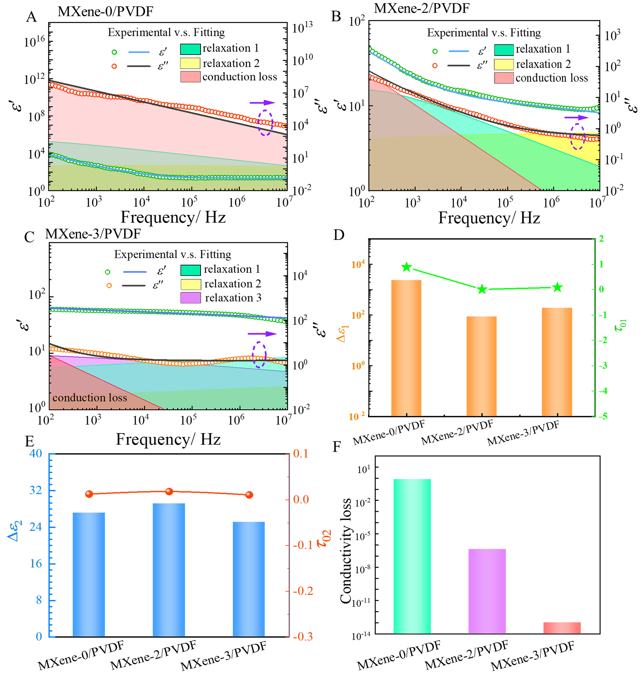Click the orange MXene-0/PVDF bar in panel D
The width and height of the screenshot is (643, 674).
pos(406,348)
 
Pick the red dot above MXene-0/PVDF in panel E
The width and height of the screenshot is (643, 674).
pos(89,494)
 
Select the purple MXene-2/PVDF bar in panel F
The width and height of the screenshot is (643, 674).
pos(487,591)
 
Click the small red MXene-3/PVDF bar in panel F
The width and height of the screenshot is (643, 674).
pos(562,628)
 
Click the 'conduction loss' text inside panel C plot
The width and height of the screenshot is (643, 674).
pos(90,397)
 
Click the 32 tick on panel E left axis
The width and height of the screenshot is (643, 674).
pos(35,490)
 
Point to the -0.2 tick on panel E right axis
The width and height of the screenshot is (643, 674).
pos(303,591)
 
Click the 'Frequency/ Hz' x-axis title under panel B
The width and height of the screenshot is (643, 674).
pos(489,218)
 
